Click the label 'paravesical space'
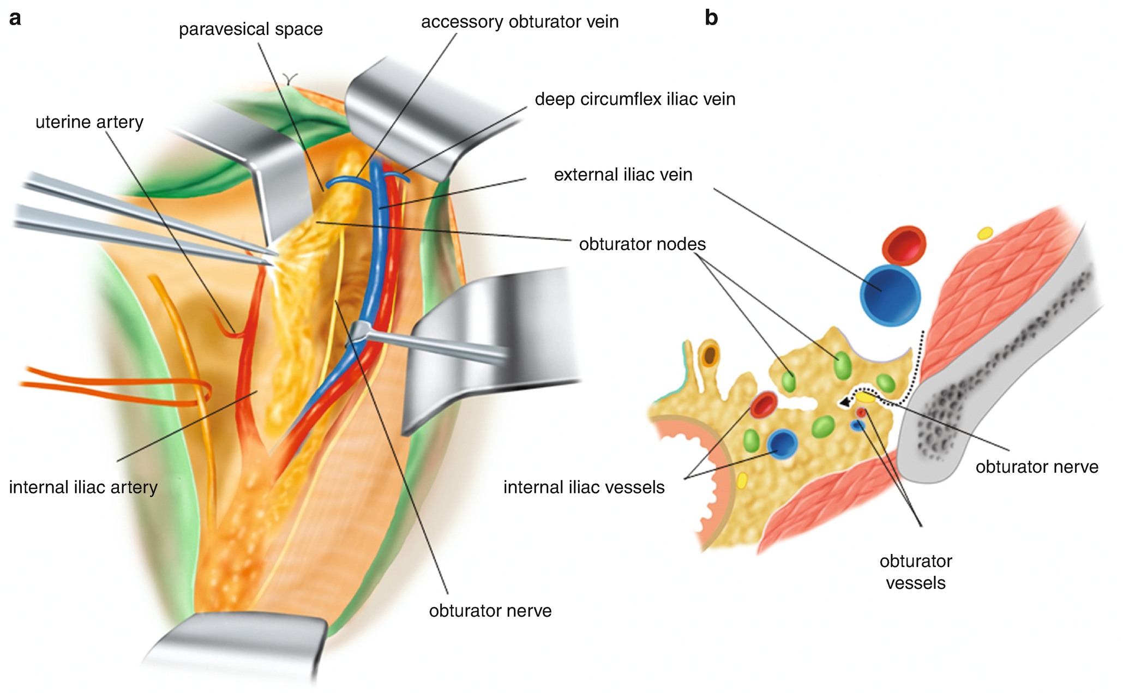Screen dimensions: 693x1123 coord(250,29)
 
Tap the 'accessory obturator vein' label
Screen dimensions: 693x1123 coord(519,22)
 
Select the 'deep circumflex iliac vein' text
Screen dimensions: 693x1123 coord(635,99)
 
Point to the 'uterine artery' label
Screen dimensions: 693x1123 coord(89,122)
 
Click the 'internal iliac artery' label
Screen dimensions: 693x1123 coord(83,487)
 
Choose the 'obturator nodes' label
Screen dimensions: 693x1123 coord(642,244)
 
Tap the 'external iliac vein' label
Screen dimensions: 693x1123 coord(623,175)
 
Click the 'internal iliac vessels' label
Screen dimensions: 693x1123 coord(584,487)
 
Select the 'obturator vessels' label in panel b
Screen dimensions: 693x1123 coord(915,572)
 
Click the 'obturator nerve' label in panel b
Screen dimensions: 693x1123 coord(1036,467)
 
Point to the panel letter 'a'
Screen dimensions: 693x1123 coord(15,19)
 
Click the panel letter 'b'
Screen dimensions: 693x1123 coord(711,19)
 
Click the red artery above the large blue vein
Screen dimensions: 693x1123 coord(903,245)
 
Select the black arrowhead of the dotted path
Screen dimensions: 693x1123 coord(844,402)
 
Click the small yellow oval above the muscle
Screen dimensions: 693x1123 coord(984,233)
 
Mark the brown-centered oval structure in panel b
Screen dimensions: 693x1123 coord(710,355)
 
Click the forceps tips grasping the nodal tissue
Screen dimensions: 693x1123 coord(271,258)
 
